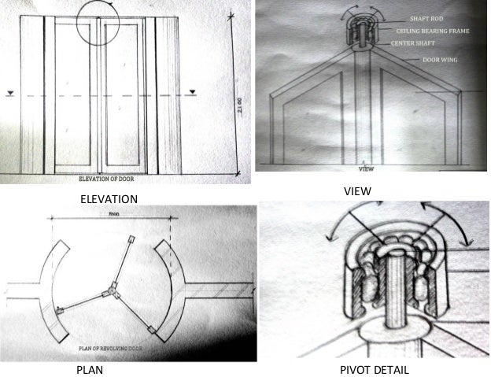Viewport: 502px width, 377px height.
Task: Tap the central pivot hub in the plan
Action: [113, 292]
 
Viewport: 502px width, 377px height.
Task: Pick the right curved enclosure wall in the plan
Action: [172, 287]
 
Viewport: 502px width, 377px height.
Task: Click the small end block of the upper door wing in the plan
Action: [131, 240]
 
